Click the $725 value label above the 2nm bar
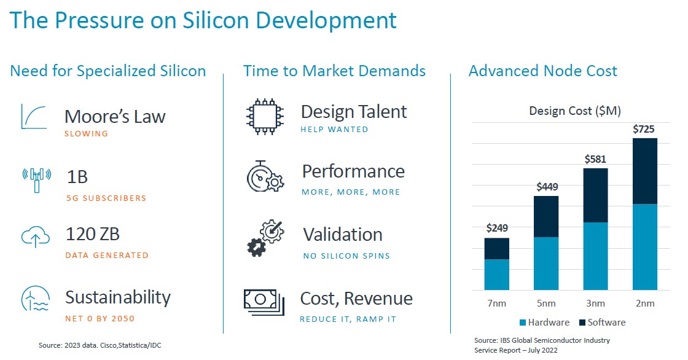point(643,129)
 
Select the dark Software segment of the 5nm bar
point(546,216)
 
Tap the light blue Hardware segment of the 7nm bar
point(497,275)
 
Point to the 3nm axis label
point(595,303)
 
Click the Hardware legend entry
point(544,323)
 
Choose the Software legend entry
point(602,323)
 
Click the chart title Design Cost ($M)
point(575,111)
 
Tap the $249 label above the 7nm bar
point(497,228)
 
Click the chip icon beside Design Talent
point(265,116)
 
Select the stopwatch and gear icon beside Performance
point(265,176)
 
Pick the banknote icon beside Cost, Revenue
point(264,302)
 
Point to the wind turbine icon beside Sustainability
point(35,298)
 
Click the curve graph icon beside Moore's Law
point(34,117)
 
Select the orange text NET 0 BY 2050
point(100,319)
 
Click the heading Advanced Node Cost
point(543,71)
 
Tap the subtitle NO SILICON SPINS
point(346,256)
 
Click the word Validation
point(343,235)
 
